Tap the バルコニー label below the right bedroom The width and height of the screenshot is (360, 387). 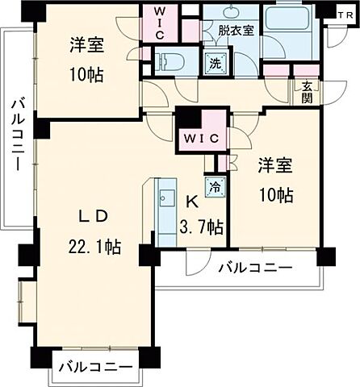tap(254, 268)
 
